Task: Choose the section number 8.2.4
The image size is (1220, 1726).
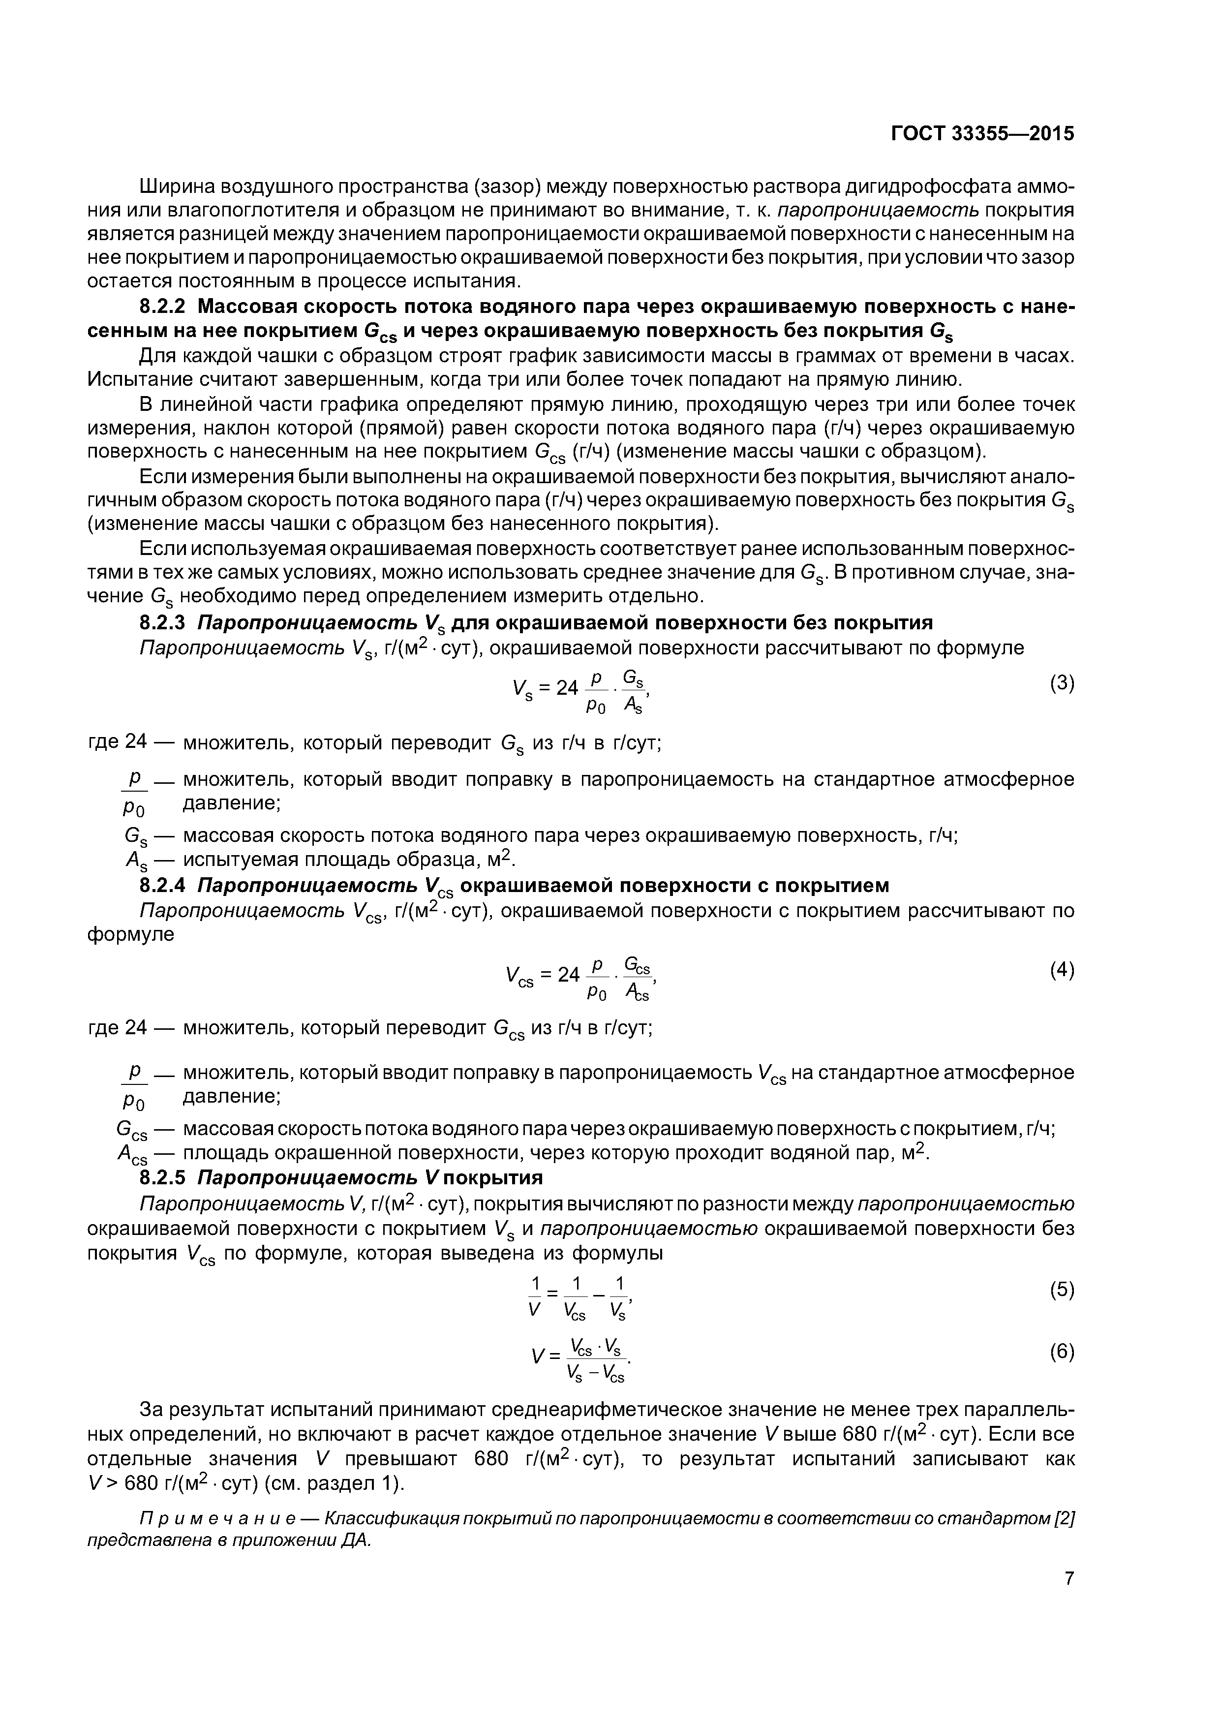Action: click(165, 885)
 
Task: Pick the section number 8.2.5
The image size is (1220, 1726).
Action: click(165, 1176)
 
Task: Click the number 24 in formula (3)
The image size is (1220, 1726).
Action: click(567, 687)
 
